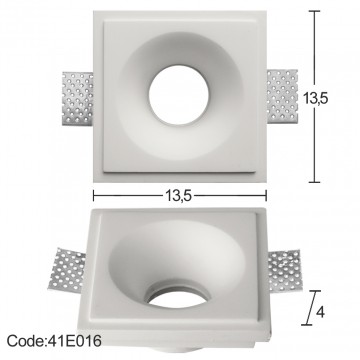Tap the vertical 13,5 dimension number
tap(316, 98)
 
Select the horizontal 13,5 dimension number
tap(178, 196)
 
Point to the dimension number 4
tap(320, 312)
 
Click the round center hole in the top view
tap(179, 95)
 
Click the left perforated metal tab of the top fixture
tap(78, 98)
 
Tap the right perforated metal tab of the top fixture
tap(282, 96)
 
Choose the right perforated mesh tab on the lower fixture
tap(285, 269)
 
